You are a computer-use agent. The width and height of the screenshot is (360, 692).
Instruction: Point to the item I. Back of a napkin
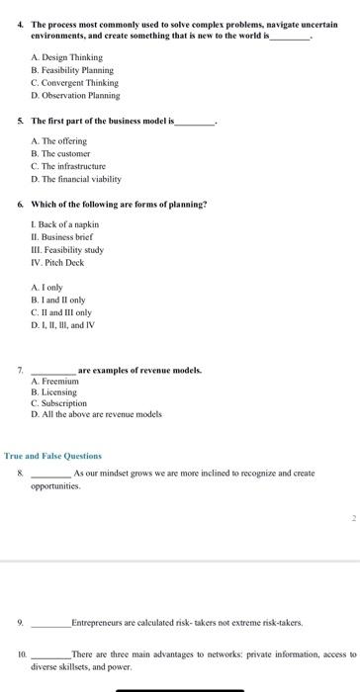[x=65, y=224]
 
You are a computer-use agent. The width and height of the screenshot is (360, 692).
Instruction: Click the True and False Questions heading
[x=52, y=456]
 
